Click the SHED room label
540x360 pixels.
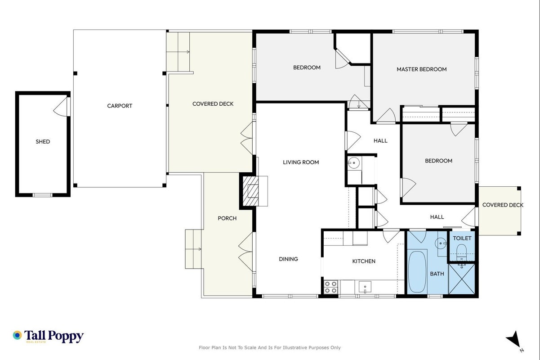click(x=43, y=142)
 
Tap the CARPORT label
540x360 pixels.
click(x=120, y=106)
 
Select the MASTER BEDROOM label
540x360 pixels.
click(x=422, y=69)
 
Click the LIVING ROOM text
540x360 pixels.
click(x=301, y=162)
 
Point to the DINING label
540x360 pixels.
click(x=288, y=259)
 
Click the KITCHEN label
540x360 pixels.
click(x=364, y=261)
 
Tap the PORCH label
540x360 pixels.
click(x=227, y=218)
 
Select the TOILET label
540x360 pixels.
click(x=462, y=238)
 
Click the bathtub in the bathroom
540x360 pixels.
click(x=417, y=272)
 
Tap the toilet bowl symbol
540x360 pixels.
click(x=462, y=252)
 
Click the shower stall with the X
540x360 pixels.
click(x=462, y=279)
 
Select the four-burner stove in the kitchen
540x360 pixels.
click(x=330, y=287)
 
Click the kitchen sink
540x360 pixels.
click(x=365, y=287)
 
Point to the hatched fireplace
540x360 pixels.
click(x=250, y=191)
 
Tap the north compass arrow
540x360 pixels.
click(x=514, y=340)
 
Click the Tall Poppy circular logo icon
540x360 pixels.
click(x=18, y=335)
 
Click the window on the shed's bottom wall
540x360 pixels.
click(x=42, y=195)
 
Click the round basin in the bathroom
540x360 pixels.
click(x=441, y=243)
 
